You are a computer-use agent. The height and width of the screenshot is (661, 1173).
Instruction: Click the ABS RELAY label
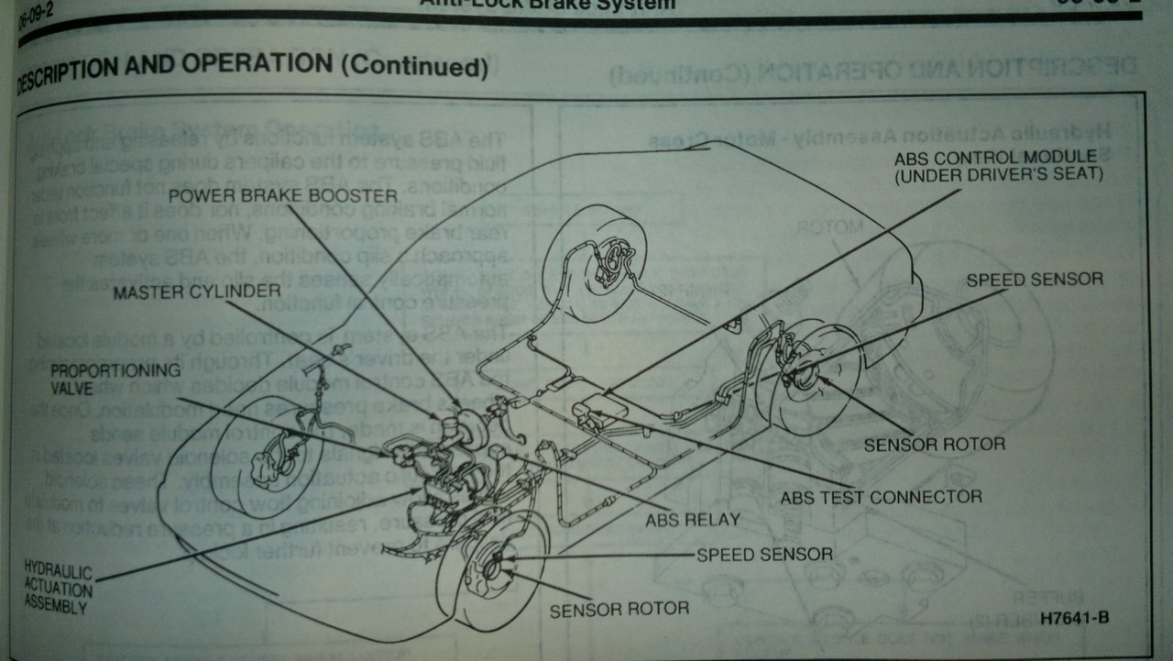coord(693,519)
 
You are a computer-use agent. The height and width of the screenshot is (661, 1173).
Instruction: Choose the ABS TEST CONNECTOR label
coord(881,498)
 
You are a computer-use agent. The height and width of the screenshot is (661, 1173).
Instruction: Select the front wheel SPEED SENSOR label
coord(764,554)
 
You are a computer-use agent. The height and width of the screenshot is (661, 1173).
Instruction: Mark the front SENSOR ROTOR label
coord(619,607)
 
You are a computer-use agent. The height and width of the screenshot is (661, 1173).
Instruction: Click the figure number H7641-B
coord(1075,617)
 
